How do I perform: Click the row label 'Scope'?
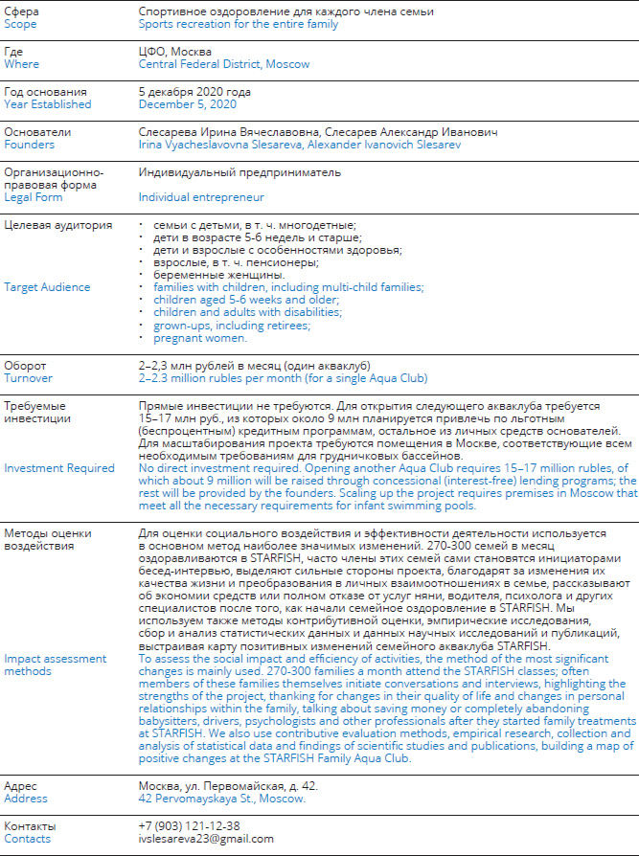[x=20, y=24]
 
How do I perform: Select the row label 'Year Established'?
[x=48, y=104]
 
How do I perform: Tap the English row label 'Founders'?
[x=29, y=145]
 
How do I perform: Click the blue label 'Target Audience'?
[x=47, y=287]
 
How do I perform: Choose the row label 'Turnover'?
[x=28, y=379]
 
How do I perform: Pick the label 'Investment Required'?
[x=59, y=468]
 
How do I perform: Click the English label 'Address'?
[x=25, y=798]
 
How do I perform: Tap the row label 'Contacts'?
[x=29, y=839]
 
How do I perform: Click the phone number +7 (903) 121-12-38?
[x=189, y=825]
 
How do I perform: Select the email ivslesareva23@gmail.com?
[x=206, y=839]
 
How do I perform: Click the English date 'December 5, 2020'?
[x=188, y=104]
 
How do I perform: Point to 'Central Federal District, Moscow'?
[x=224, y=64]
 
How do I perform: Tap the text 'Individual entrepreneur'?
[x=201, y=197]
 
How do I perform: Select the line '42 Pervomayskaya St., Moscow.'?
[x=221, y=798]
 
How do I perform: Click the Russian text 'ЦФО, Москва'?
[x=175, y=51]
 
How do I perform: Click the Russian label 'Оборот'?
[x=25, y=366]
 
